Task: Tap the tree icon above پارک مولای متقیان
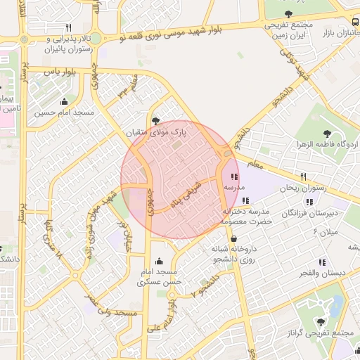156,120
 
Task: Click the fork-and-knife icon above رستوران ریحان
304,176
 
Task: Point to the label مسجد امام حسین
66,112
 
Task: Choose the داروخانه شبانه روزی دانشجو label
235,254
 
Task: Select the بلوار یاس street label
60,72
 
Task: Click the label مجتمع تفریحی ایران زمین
288,27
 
